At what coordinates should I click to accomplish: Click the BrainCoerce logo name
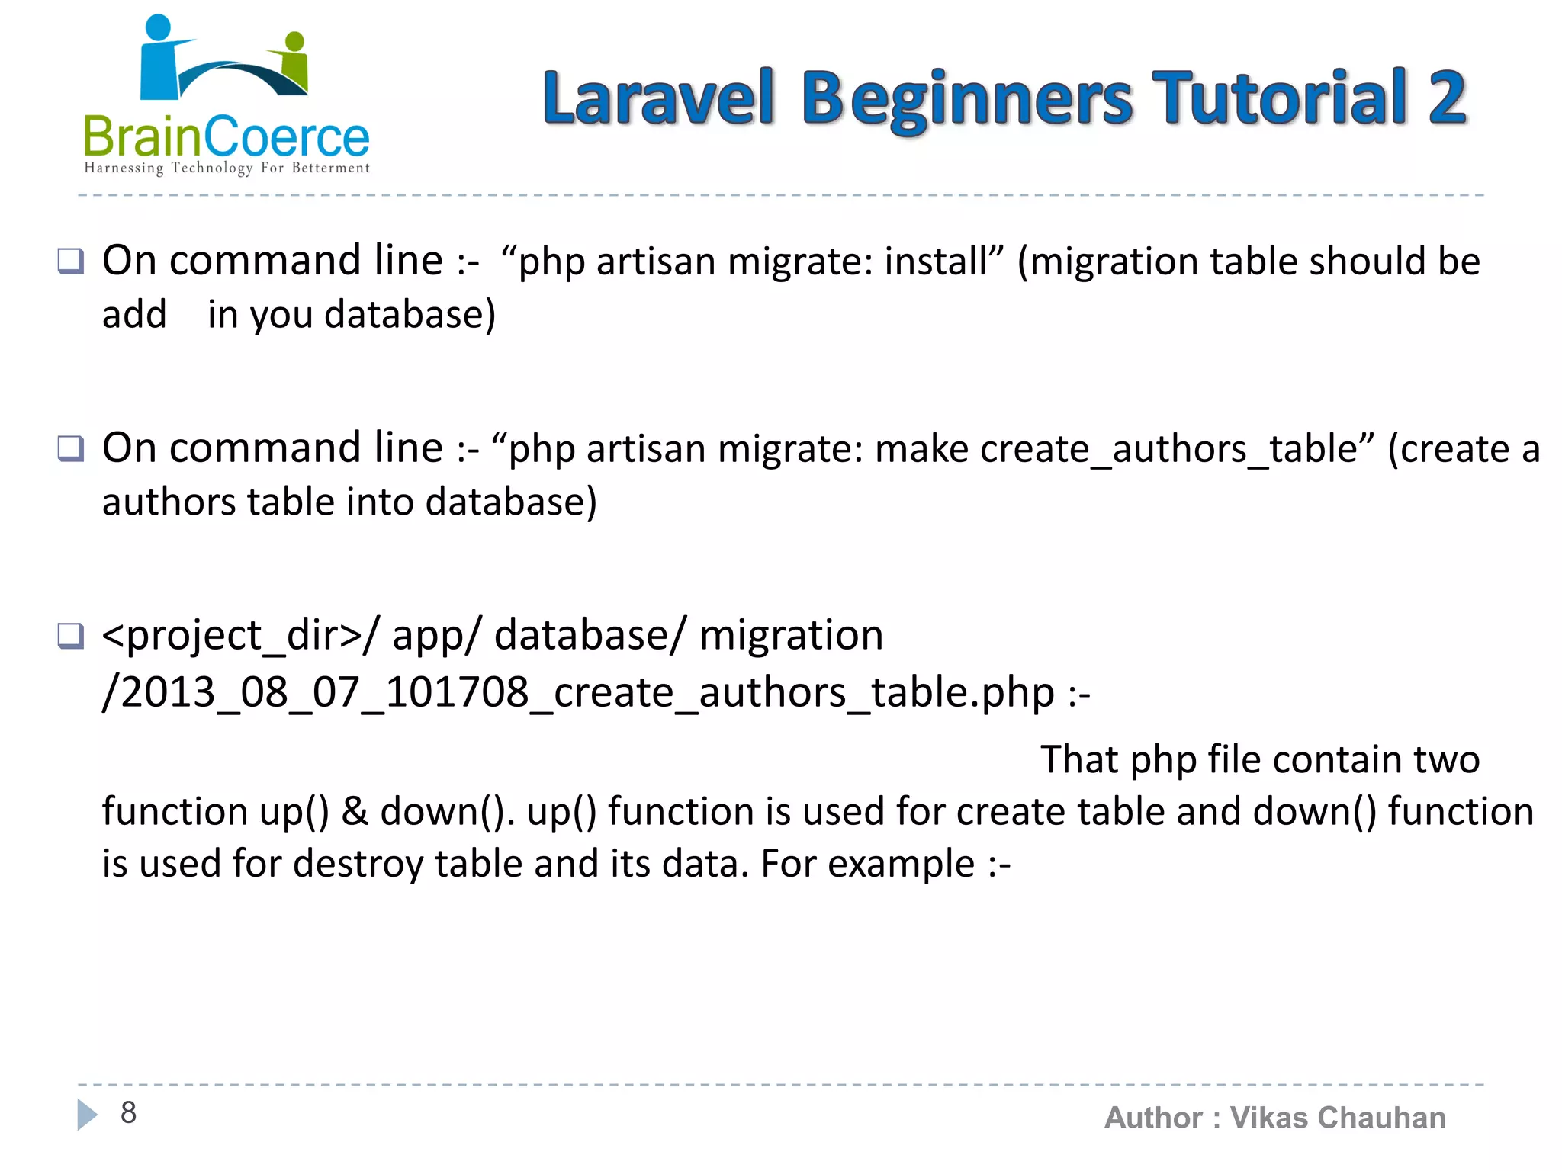point(226,138)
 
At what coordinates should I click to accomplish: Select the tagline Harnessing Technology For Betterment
point(227,168)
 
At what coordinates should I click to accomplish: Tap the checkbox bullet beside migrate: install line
point(71,261)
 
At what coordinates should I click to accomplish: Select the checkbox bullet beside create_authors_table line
point(71,448)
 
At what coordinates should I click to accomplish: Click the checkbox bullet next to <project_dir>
point(71,635)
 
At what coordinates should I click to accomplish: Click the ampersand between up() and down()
point(355,811)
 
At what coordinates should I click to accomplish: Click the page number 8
point(128,1113)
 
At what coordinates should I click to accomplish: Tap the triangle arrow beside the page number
point(87,1115)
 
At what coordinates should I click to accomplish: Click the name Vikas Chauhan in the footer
point(1338,1118)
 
